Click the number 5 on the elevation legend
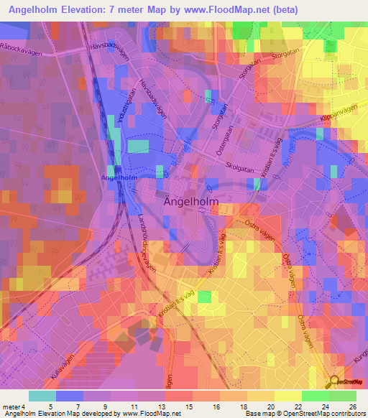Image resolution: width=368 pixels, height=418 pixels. pyautogui.click(x=50, y=407)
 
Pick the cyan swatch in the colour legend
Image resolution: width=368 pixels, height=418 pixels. pyautogui.click(x=42, y=396)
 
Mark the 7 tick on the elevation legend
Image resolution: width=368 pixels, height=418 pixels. pyautogui.click(x=78, y=407)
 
